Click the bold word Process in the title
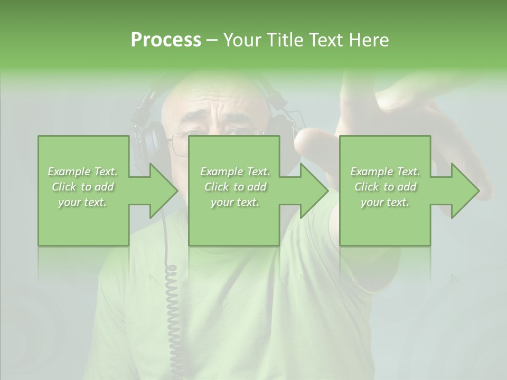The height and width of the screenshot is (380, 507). (166, 40)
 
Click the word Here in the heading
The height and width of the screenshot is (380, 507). (369, 40)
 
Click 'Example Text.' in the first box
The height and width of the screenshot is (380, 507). (83, 172)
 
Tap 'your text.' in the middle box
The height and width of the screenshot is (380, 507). (235, 203)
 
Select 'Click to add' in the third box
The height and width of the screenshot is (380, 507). (386, 187)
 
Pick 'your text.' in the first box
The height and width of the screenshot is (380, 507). (83, 203)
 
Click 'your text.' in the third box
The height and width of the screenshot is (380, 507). (386, 203)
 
